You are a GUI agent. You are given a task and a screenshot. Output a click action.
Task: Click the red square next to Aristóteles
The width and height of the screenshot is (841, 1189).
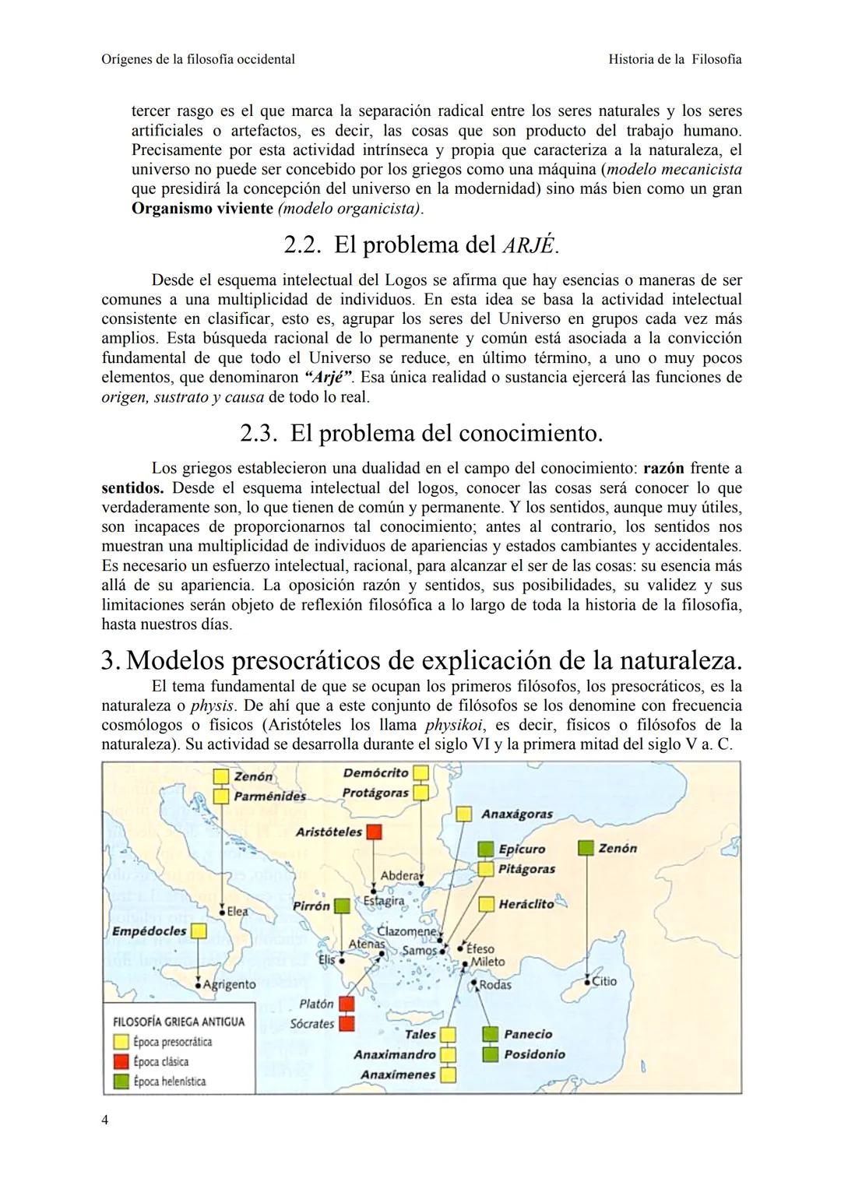[x=375, y=832]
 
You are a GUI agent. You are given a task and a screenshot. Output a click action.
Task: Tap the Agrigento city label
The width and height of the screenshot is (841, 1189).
[x=229, y=984]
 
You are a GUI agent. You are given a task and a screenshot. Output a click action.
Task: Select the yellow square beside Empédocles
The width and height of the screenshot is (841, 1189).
[x=199, y=931]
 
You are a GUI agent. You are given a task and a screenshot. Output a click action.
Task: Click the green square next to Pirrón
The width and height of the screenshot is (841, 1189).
[x=342, y=906]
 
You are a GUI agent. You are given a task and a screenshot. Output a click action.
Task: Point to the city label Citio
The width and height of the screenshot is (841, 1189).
[x=604, y=981]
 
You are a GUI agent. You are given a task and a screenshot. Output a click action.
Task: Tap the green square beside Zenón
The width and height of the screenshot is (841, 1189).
[x=587, y=848]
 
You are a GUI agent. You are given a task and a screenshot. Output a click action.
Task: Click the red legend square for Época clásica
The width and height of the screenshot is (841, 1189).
[x=121, y=1061]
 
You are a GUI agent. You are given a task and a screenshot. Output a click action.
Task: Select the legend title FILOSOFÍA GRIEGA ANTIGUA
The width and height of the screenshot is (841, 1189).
[x=179, y=1022]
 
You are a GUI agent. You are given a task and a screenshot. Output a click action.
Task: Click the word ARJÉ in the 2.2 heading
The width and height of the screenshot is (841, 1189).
[x=529, y=245]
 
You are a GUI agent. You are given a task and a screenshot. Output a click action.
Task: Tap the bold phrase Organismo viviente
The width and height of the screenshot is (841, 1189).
[x=202, y=209]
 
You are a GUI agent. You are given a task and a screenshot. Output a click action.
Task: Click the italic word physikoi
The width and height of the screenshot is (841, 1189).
[x=451, y=725]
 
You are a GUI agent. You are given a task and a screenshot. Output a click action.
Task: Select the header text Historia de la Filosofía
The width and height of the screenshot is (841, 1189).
[x=674, y=59]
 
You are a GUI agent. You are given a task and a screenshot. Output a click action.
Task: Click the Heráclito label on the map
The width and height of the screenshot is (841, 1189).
[x=526, y=904]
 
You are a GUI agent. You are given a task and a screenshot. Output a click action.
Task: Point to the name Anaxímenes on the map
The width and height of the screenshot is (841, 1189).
[x=398, y=1075]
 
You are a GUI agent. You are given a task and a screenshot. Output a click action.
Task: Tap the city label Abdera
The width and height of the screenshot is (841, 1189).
[x=399, y=875]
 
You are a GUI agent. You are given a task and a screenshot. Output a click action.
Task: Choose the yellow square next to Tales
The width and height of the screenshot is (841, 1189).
[x=448, y=1035]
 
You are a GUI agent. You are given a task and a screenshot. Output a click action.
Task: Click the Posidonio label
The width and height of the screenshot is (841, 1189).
[x=534, y=1054]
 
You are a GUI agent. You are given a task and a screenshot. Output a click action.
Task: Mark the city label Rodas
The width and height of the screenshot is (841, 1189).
[x=495, y=985]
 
